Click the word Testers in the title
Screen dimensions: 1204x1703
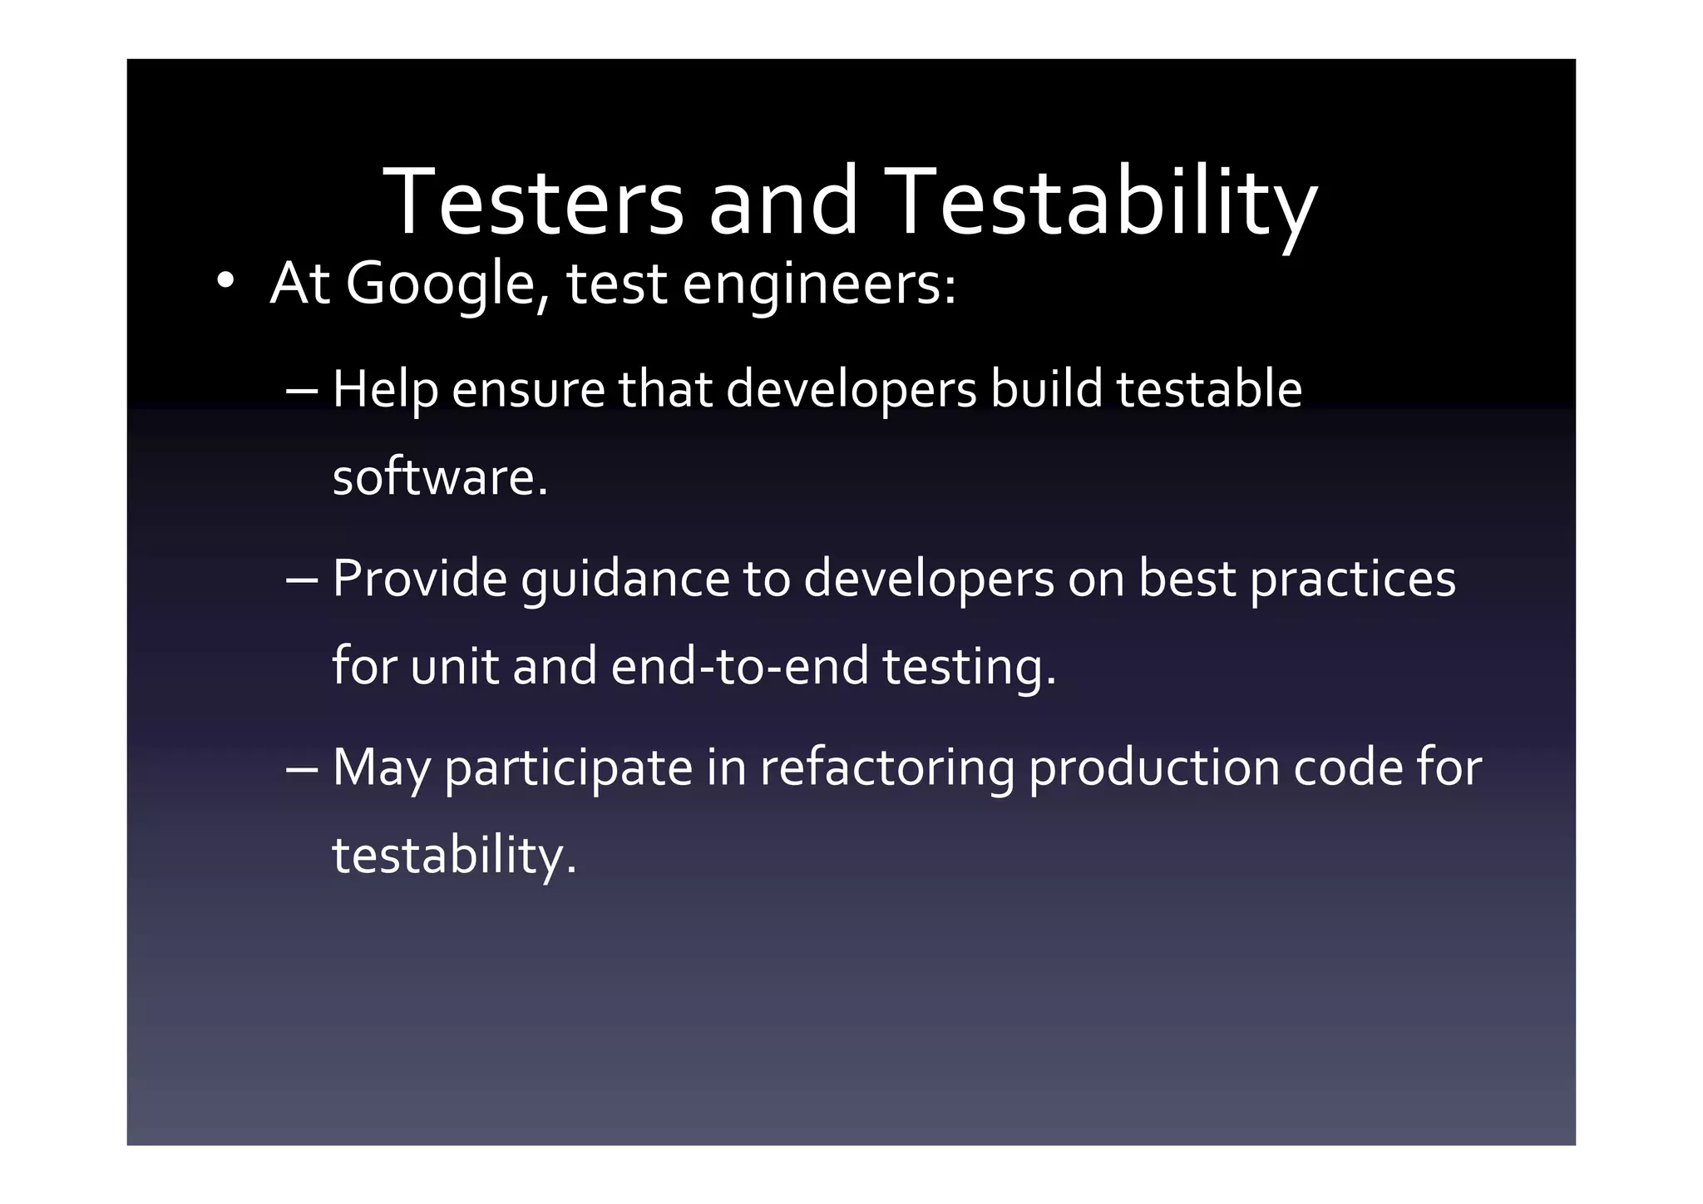(x=532, y=202)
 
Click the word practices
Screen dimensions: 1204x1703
(x=1353, y=579)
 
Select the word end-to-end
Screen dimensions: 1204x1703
(x=739, y=667)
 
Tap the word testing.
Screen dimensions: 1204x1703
(x=969, y=667)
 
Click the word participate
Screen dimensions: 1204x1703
(x=569, y=768)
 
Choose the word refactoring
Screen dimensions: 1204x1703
(x=887, y=768)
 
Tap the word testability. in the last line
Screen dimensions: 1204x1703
(x=454, y=856)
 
